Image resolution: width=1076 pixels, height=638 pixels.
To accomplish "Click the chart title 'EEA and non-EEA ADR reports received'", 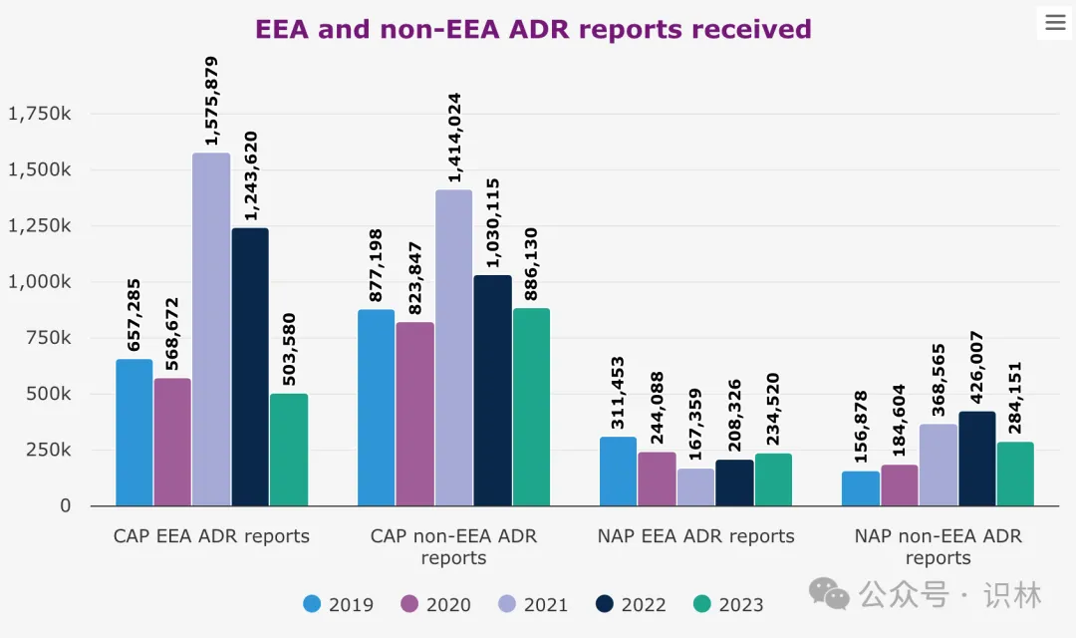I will tap(533, 29).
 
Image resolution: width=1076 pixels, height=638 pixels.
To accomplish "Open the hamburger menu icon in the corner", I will tap(1055, 23).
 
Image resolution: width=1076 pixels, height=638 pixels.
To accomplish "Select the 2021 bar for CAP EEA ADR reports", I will tap(211, 329).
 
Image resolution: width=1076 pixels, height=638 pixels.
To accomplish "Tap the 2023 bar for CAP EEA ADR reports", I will tap(289, 450).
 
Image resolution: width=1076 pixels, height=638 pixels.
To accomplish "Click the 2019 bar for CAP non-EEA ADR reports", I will tap(376, 408).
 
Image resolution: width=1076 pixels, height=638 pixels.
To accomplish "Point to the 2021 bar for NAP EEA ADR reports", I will tap(695, 487).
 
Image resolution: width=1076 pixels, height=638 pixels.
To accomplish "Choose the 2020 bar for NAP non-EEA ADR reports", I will tap(900, 485).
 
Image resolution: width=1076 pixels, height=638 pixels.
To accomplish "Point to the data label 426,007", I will tap(976, 369).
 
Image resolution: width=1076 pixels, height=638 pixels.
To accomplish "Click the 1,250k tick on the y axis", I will tap(40, 226).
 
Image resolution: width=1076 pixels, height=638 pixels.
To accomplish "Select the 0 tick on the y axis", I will tap(65, 506).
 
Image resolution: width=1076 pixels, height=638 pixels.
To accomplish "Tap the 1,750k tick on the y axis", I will tap(40, 114).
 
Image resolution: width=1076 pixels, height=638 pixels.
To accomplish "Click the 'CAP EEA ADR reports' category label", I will tap(211, 536).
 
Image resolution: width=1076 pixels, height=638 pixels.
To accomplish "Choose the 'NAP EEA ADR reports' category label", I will tap(695, 536).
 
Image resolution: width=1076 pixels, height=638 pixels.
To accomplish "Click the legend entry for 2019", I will tap(339, 604).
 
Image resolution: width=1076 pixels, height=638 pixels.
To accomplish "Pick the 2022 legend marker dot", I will tap(604, 604).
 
